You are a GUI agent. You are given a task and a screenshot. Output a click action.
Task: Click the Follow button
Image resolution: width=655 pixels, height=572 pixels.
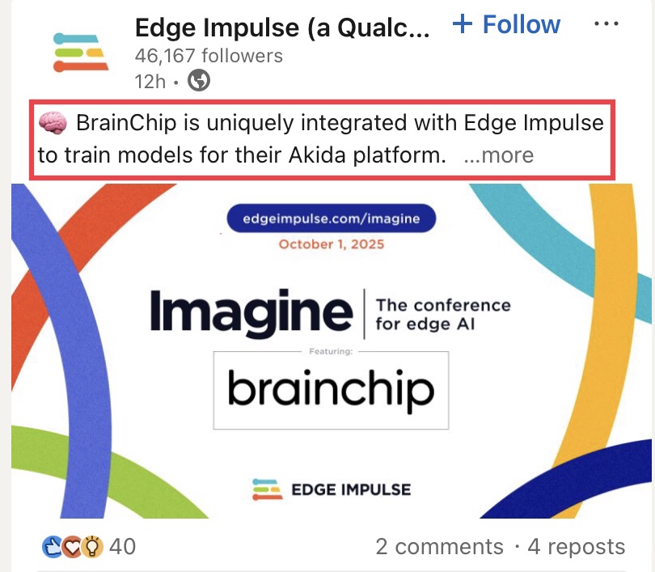[x=506, y=24]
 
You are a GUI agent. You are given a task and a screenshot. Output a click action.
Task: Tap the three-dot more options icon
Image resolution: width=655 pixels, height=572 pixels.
[x=606, y=23]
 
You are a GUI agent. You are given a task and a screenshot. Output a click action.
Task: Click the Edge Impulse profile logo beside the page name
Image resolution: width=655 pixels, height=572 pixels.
[x=81, y=53]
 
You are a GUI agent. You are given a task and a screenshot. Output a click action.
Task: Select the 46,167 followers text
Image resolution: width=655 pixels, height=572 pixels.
[x=209, y=56]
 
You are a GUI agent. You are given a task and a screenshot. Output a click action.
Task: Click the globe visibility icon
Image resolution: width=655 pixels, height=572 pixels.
[x=199, y=80]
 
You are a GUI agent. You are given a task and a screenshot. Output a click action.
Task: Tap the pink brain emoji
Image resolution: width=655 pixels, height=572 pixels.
[x=53, y=123]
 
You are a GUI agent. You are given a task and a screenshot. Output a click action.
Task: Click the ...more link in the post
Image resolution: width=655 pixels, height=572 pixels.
[x=499, y=155]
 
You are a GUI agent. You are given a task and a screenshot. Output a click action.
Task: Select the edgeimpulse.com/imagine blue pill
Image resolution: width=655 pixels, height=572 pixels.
[x=332, y=218]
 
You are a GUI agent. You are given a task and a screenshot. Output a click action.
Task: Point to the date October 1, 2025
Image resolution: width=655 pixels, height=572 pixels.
[x=332, y=244]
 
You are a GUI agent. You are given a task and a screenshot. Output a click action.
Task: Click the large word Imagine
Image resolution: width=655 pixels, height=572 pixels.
[x=251, y=313]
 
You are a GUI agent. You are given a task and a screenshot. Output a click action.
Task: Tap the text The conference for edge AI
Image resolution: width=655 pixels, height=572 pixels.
[x=443, y=314]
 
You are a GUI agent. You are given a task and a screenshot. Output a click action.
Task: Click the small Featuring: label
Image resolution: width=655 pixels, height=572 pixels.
[x=331, y=351]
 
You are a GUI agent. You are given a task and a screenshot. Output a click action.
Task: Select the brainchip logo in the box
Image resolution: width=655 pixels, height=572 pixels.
[x=331, y=390]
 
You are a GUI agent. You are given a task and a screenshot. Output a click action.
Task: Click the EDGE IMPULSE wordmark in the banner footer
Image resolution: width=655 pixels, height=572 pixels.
[x=351, y=489]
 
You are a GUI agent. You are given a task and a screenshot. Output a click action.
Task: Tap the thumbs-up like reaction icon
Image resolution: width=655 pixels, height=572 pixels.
[x=53, y=546]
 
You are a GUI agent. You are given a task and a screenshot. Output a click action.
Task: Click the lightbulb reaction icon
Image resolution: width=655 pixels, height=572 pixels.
[x=92, y=546]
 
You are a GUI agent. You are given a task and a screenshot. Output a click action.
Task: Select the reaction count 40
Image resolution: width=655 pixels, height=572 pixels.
[x=122, y=546]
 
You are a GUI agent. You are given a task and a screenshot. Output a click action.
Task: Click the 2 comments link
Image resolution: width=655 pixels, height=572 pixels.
[x=439, y=546]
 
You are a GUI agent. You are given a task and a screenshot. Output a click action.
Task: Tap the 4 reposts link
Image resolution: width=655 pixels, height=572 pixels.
[x=577, y=546]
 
